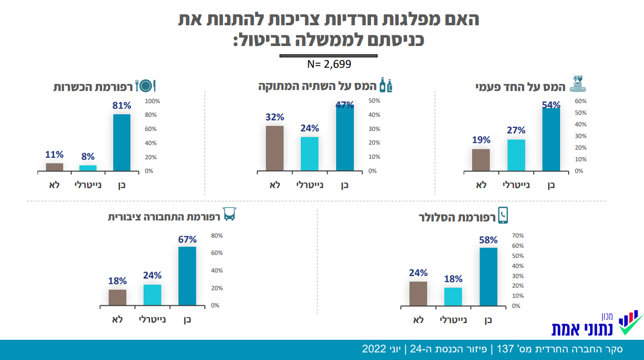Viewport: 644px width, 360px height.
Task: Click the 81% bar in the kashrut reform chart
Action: [122, 143]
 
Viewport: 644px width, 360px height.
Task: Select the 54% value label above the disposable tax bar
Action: [551, 105]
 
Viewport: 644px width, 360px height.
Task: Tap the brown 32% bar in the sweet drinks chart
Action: [274, 148]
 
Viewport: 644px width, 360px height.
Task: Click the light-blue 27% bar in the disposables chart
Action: [516, 155]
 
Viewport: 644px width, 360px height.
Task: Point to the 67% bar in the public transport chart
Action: [188, 276]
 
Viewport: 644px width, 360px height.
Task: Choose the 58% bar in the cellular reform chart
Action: [488, 277]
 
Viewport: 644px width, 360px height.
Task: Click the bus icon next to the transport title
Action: [229, 214]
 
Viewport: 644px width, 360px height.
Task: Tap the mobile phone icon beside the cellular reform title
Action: [503, 215]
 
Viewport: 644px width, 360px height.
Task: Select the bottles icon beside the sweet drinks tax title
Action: [386, 85]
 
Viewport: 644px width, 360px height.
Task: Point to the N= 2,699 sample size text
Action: [329, 65]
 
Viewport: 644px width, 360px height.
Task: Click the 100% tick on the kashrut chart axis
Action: [152, 101]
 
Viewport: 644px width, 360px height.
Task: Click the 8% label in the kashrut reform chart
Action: [88, 157]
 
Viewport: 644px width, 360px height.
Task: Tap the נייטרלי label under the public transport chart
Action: [152, 320]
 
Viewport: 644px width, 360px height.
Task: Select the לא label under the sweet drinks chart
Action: [274, 185]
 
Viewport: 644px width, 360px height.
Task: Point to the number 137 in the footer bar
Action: [505, 349]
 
